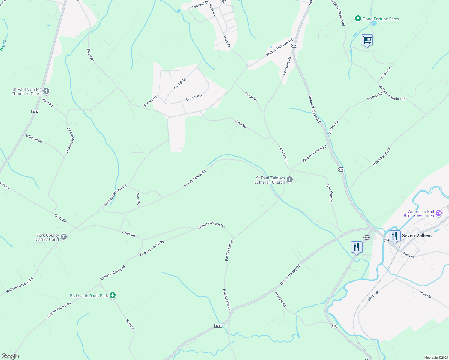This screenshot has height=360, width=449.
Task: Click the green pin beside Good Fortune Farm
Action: tap(358, 19)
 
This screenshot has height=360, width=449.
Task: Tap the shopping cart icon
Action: tap(367, 40)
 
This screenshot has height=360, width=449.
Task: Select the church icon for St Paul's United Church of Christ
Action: tap(46, 91)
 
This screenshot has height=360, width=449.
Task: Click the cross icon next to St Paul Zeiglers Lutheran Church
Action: tap(290, 179)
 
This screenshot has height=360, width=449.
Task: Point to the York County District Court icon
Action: tap(64, 237)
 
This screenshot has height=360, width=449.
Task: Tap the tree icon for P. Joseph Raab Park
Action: tap(113, 295)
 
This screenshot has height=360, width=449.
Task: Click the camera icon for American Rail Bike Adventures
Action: tap(439, 213)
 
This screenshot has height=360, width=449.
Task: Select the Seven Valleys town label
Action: tap(417, 235)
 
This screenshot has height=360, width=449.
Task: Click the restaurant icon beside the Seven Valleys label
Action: tap(394, 236)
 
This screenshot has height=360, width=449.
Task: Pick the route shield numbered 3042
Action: tap(35, 112)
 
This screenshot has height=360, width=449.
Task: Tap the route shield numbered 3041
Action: tap(218, 326)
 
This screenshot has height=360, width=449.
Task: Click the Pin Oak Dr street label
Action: tap(180, 84)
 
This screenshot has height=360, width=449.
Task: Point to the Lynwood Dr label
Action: tap(194, 97)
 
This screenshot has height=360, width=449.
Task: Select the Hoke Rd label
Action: tap(240, 124)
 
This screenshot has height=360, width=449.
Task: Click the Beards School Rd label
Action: tap(195, 179)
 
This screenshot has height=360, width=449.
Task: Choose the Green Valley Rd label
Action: tap(290, 275)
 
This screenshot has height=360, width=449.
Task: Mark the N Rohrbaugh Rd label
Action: tap(381, 156)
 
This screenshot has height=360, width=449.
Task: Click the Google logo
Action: tap(10, 356)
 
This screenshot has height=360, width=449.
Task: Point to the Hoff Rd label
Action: tap(129, 324)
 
